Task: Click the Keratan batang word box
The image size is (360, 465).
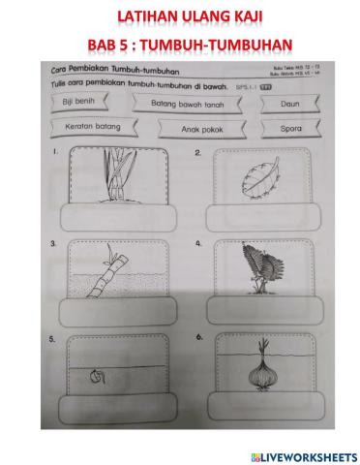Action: pyautogui.click(x=85, y=125)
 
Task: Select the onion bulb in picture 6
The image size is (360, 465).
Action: pyautogui.click(x=258, y=371)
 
